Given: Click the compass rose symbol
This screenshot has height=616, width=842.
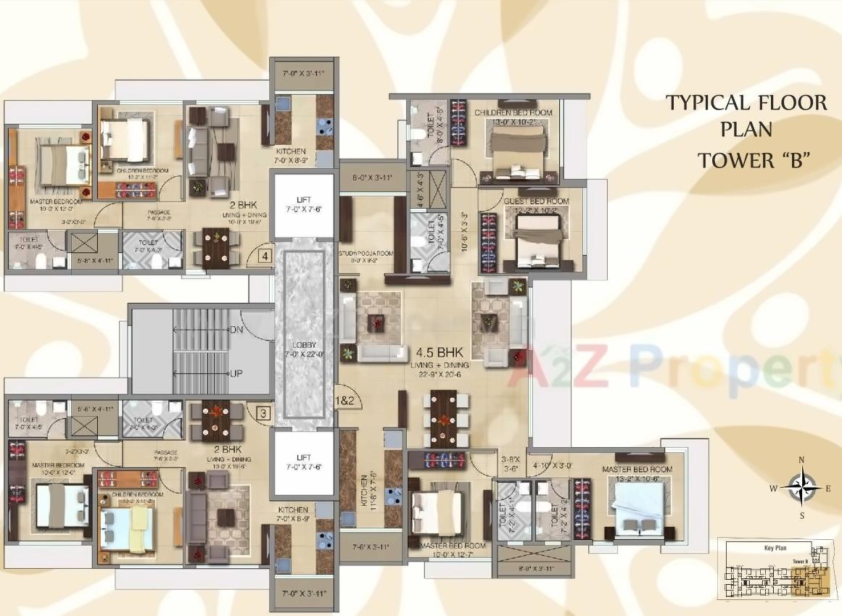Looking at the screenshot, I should (x=801, y=488).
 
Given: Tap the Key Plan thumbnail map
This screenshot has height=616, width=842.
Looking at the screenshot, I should (x=775, y=570).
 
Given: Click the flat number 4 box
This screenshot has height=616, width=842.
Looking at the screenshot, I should (x=265, y=255).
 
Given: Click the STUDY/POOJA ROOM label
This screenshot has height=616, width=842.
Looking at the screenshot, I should (x=366, y=254).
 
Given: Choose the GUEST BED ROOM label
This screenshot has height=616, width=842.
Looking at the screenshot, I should (x=537, y=201).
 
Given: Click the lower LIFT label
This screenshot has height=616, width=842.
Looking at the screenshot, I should (x=303, y=457).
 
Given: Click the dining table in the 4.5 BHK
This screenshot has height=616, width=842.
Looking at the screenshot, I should (x=443, y=419).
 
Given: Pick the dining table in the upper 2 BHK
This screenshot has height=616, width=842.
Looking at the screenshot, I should (x=216, y=246).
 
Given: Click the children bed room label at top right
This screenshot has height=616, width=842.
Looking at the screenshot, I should (x=513, y=112).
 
